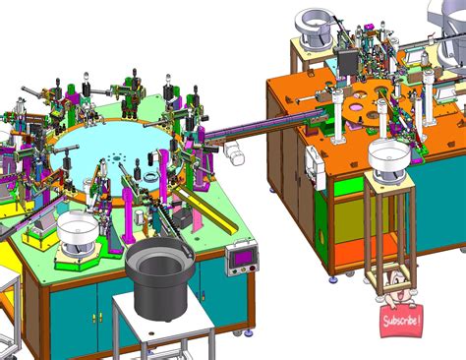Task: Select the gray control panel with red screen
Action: click(241, 258)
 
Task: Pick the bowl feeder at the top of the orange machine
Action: click(315, 27)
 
